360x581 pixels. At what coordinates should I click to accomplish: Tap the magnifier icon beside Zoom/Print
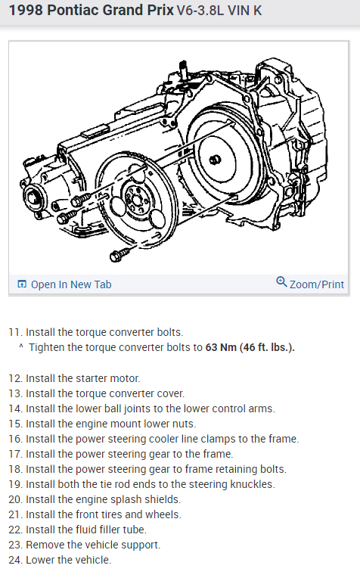coord(281,282)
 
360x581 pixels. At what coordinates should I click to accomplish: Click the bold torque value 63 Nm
coord(221,347)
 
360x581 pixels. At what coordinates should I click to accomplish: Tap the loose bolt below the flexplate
coord(119,254)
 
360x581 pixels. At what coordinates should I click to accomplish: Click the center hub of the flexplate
coord(136,200)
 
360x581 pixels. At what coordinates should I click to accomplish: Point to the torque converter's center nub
coord(215,160)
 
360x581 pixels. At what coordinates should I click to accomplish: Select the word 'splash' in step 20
coord(124,499)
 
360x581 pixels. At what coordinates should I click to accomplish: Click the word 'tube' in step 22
coord(135,530)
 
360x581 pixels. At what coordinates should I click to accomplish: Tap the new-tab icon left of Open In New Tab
coord(22,284)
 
